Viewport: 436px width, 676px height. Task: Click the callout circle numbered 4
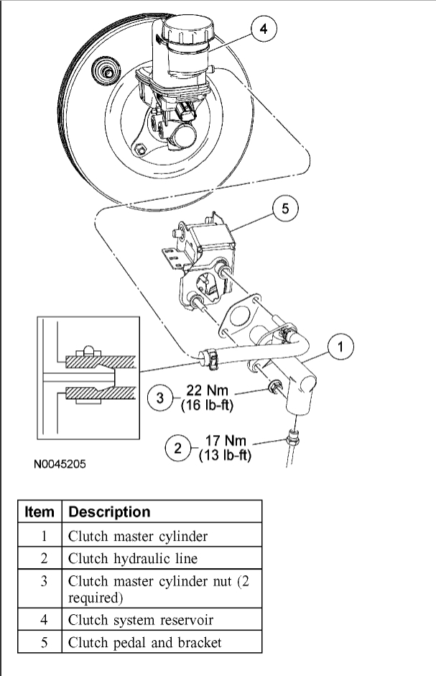(x=264, y=29)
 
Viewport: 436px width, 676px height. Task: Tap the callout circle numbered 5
(x=285, y=209)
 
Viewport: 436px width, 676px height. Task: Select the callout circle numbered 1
(x=340, y=347)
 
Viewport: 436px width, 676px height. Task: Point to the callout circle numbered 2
(x=177, y=449)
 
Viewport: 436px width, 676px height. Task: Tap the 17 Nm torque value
(x=224, y=442)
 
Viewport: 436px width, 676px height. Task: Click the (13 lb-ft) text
(x=223, y=455)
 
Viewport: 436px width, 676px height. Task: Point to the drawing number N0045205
(x=60, y=465)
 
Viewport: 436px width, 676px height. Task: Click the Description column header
(x=109, y=512)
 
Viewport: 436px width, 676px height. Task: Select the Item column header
(x=40, y=512)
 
